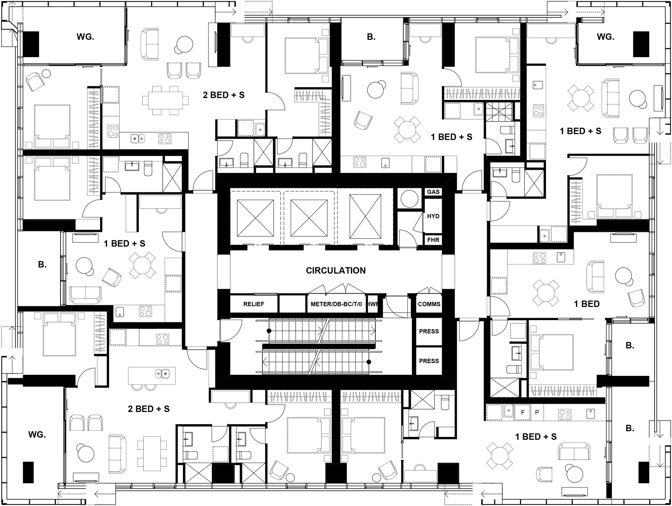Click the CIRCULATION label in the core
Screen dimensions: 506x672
[x=336, y=271]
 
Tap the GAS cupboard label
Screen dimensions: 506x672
[x=433, y=192]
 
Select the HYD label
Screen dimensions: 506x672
[x=433, y=216]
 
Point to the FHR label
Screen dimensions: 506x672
[x=433, y=240]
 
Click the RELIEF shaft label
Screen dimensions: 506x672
[x=254, y=304]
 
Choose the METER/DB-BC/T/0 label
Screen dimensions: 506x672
[x=336, y=304]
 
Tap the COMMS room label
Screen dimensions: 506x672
[x=429, y=304]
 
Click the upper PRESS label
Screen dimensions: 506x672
[x=429, y=331]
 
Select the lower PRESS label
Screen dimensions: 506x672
[x=429, y=361]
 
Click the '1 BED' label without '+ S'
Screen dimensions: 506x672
[x=587, y=304]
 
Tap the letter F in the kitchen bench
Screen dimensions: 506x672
[x=523, y=412]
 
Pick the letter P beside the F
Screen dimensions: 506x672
[x=537, y=412]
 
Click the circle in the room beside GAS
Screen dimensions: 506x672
[x=410, y=199]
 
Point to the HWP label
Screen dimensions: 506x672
[x=373, y=304]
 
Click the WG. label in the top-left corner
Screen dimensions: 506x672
[x=85, y=37]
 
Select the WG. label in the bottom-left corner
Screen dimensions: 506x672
[x=37, y=435]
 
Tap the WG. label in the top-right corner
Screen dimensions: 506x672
[x=605, y=37]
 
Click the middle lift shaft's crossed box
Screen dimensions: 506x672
[x=309, y=218]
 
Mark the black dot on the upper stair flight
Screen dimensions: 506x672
[x=269, y=331]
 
